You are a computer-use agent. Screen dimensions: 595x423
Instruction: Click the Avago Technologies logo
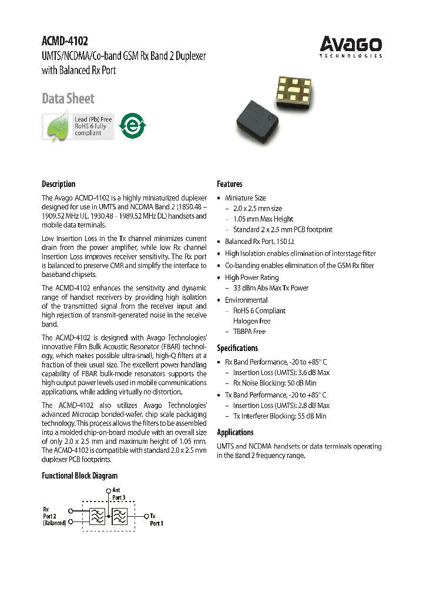point(351,46)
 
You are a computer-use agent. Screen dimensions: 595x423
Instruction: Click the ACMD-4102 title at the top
point(65,41)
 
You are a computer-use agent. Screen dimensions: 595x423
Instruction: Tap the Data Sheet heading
point(68,98)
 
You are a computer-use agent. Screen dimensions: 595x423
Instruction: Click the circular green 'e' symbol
point(131,125)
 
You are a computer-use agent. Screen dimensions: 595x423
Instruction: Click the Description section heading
point(58,184)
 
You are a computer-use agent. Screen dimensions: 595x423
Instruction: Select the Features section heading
point(229,184)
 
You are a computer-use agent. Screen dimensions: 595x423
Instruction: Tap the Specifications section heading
point(237,348)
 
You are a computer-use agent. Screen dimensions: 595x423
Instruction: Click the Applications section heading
point(235,433)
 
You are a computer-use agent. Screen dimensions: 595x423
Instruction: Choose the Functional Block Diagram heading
point(79,476)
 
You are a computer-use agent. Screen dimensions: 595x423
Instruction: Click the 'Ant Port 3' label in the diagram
point(119,493)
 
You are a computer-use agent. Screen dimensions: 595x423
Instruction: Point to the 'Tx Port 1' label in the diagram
point(156,519)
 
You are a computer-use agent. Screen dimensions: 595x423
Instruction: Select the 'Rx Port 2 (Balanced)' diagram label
point(54,516)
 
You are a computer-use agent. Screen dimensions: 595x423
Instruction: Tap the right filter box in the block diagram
point(119,516)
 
